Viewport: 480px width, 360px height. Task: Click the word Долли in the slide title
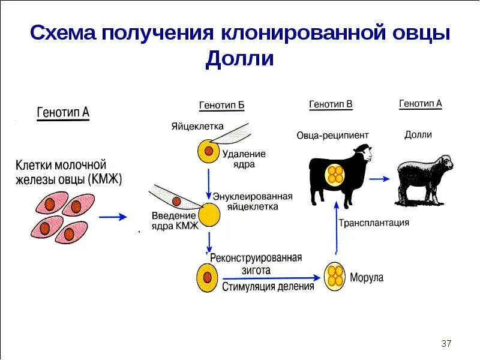coord(239,59)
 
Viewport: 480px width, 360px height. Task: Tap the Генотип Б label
coord(221,106)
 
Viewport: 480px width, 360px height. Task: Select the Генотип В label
coord(331,104)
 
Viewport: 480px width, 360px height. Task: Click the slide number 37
coord(446,344)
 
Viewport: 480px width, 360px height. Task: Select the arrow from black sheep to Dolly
coord(380,179)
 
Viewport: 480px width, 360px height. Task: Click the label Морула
coord(366,278)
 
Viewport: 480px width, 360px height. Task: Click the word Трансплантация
coord(374,223)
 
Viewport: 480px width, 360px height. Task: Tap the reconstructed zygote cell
coord(207,278)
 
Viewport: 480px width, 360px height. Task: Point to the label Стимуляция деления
coord(268,286)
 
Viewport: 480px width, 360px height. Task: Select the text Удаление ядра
coord(244,159)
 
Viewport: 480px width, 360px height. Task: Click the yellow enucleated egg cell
coord(209,214)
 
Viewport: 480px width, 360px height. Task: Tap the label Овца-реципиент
coord(332,135)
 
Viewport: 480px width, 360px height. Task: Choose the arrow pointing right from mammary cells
coord(112,217)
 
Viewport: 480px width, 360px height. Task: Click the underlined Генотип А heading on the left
coord(63,112)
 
